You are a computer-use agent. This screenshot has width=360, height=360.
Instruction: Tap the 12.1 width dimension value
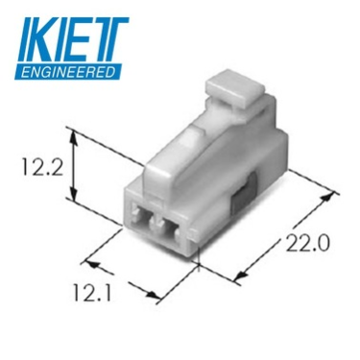tap(92, 293)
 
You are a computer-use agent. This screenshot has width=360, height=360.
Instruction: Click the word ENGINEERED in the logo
tap(68, 71)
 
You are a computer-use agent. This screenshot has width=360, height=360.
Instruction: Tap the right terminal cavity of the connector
tap(171, 228)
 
